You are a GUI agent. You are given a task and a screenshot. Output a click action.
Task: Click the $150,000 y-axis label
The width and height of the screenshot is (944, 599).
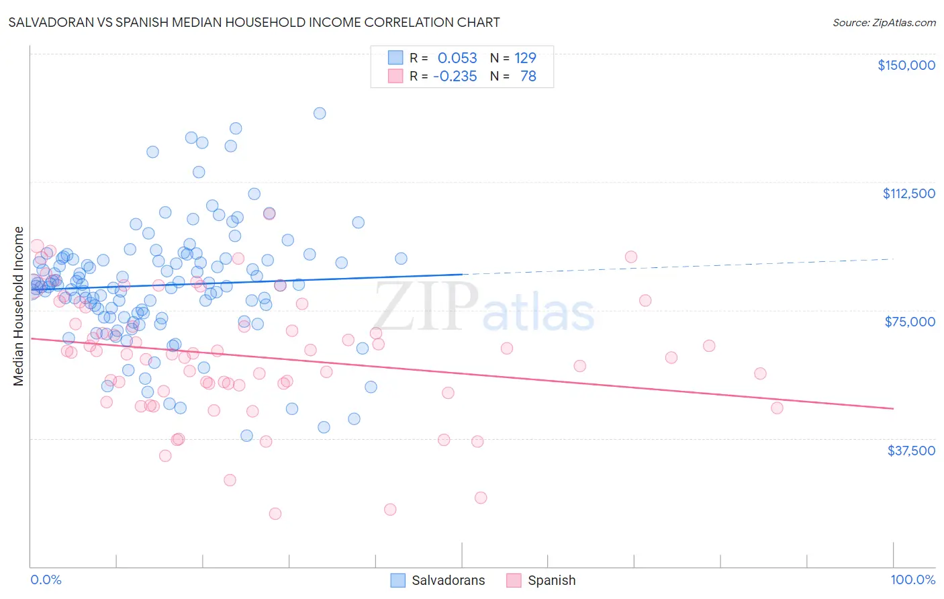pyautogui.click(x=906, y=65)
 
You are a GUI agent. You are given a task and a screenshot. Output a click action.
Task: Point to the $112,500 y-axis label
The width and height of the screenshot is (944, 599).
pyautogui.click(x=908, y=193)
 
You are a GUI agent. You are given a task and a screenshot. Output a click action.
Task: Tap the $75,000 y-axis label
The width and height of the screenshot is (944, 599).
pyautogui.click(x=910, y=322)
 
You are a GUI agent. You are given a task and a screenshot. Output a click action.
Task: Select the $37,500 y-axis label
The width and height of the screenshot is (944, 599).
pyautogui.click(x=911, y=451)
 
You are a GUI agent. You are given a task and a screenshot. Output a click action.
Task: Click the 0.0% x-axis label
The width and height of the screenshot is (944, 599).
pyautogui.click(x=46, y=580)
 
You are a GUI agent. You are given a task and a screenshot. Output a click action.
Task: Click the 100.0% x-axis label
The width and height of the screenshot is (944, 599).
pyautogui.click(x=912, y=580)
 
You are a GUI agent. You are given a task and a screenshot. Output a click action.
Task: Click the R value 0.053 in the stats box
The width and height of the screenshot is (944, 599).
pyautogui.click(x=457, y=58)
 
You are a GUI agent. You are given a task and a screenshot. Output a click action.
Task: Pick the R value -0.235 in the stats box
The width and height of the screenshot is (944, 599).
pyautogui.click(x=455, y=76)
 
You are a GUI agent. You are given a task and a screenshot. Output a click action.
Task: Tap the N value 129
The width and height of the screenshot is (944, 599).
pyautogui.click(x=525, y=58)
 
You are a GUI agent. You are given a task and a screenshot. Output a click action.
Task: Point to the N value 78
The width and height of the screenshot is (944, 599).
pyautogui.click(x=528, y=76)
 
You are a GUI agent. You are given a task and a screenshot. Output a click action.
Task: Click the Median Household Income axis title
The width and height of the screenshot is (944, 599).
pyautogui.click(x=19, y=306)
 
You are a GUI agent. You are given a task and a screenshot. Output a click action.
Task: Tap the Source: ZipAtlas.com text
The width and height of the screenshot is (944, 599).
pyautogui.click(x=884, y=22)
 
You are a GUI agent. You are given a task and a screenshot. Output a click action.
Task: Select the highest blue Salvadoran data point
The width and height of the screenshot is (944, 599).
pyautogui.click(x=320, y=113)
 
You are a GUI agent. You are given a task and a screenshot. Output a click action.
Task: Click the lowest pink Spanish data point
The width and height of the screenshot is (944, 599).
pyautogui.click(x=275, y=514)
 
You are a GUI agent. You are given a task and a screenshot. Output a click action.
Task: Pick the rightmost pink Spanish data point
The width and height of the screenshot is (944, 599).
pyautogui.click(x=777, y=408)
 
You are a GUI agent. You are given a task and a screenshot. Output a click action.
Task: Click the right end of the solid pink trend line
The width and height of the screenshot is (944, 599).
pyautogui.click(x=893, y=408)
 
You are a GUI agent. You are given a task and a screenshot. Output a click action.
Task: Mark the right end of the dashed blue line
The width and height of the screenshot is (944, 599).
pyautogui.click(x=893, y=259)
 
